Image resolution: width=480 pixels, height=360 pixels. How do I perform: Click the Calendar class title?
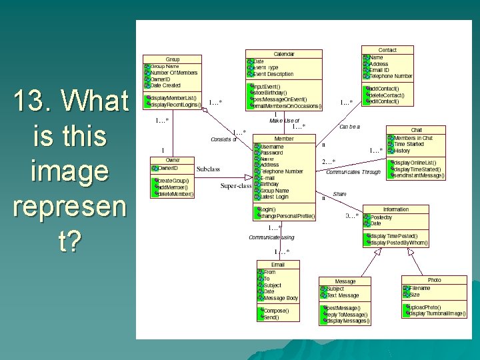point(284,54)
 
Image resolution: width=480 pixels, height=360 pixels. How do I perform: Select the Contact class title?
point(387,50)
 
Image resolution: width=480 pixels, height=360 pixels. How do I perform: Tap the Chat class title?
point(416,130)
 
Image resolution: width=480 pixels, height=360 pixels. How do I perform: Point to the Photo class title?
point(434,281)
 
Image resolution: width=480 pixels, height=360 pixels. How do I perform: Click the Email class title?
point(277,265)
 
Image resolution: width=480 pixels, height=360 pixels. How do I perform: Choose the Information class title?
point(396,210)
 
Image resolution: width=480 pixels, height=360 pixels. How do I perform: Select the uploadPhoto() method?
point(422,307)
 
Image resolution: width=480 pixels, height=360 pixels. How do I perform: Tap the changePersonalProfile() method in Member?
point(287,216)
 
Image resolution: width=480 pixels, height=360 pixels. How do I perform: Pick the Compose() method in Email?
point(275,311)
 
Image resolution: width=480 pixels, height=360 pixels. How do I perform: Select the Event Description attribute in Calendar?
point(273,74)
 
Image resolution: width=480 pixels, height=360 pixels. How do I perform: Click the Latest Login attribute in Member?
point(274,197)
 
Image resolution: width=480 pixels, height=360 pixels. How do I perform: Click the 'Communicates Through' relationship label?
point(353,172)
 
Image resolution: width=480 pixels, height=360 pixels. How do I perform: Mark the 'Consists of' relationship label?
point(223,139)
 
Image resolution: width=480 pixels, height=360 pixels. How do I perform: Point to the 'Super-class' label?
point(236,185)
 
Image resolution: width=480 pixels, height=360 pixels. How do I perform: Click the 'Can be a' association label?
point(349,127)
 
